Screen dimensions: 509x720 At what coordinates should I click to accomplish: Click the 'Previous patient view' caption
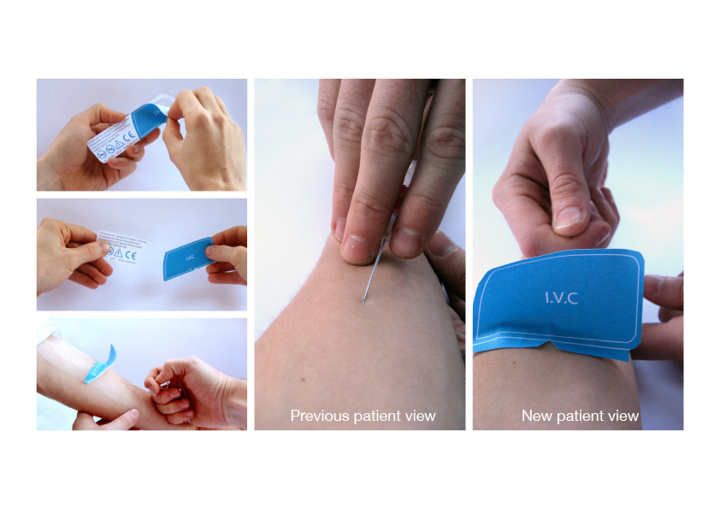click(363, 416)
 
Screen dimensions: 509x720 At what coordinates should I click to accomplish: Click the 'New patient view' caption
click(580, 416)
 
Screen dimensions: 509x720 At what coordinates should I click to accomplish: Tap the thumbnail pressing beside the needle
click(354, 250)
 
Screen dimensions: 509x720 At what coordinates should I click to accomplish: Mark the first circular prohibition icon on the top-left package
click(102, 156)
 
